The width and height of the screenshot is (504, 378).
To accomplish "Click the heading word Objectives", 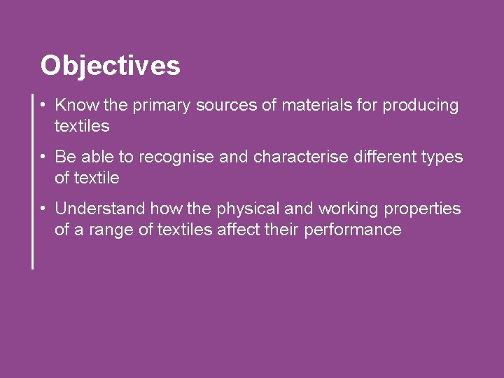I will pos(110,66).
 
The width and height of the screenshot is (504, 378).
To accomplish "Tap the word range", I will pos(108,230).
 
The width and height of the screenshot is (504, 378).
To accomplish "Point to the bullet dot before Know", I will pos(44,106).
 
